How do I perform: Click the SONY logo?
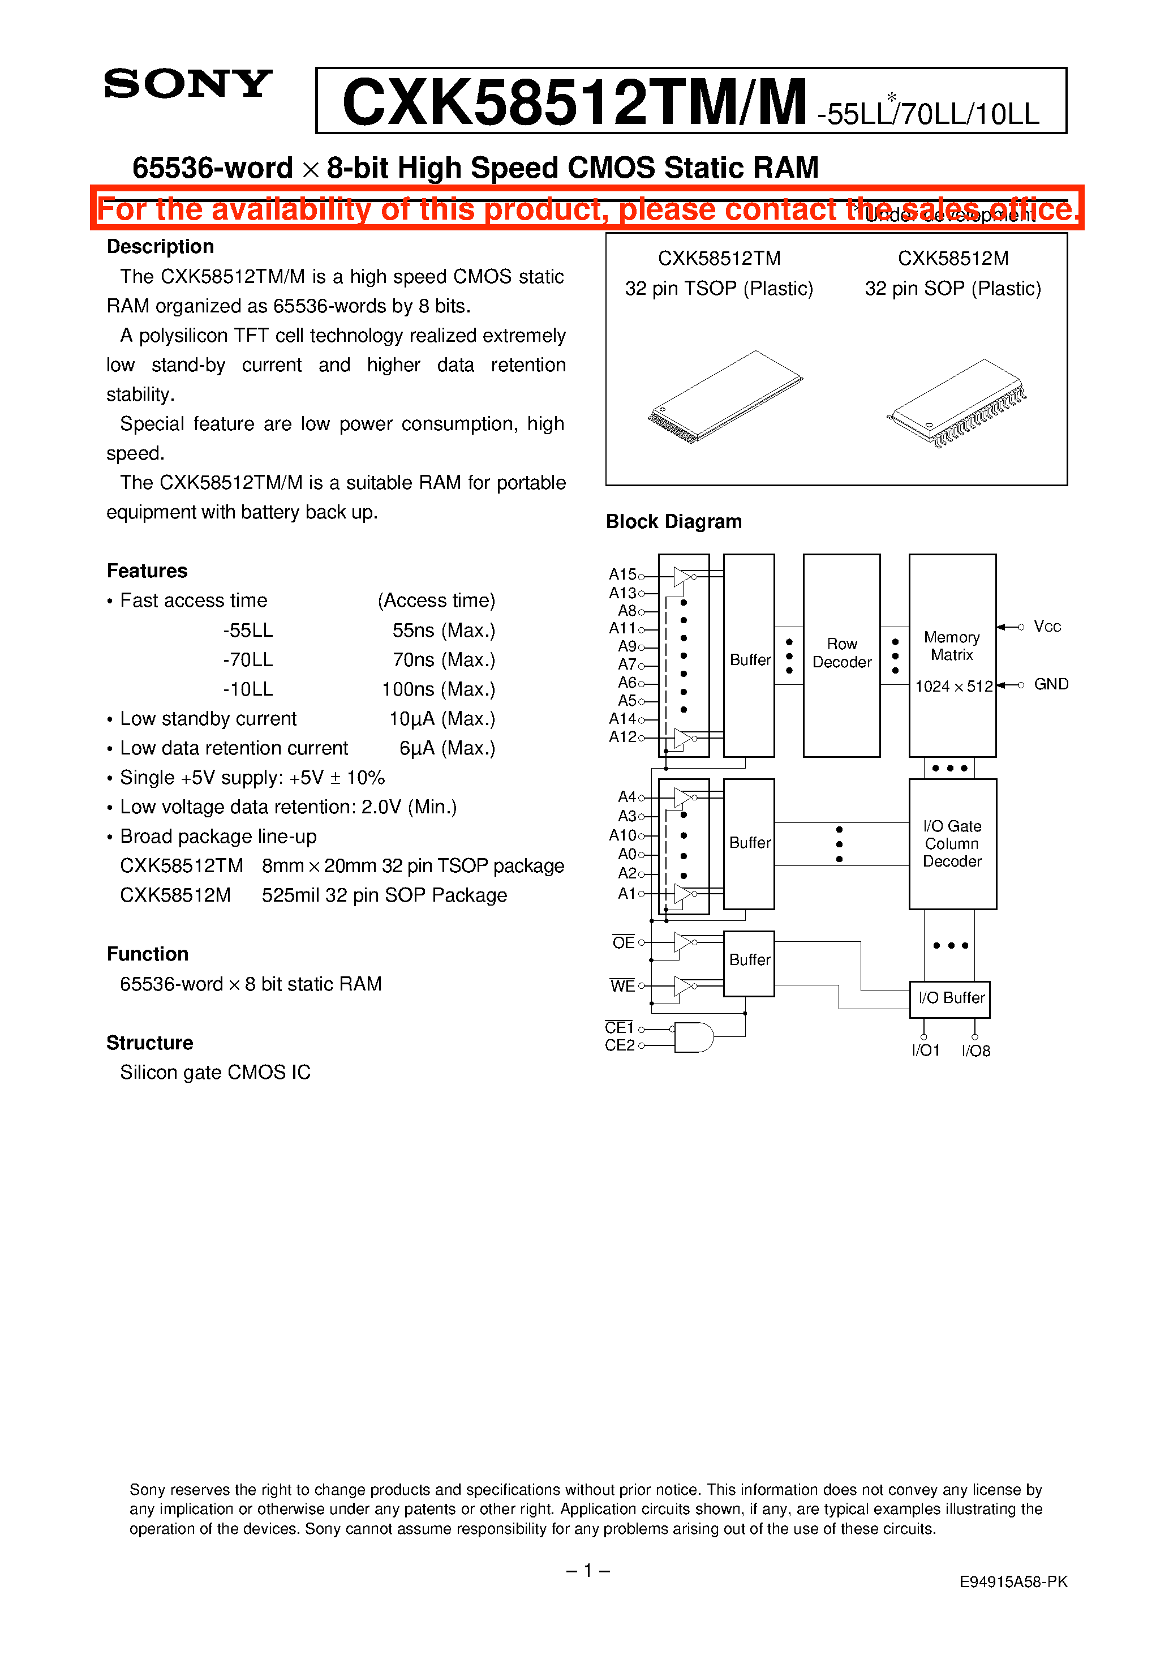[x=188, y=84]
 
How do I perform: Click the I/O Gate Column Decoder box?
[x=952, y=843]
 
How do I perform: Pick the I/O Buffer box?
[x=950, y=999]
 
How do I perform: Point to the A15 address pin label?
[x=622, y=574]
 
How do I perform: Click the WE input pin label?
[x=622, y=985]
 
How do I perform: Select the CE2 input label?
[x=619, y=1045]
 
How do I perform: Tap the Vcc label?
[x=1047, y=627]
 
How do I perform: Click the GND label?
[x=1051, y=684]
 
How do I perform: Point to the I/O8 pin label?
[x=976, y=1051]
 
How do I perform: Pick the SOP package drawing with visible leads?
[x=956, y=403]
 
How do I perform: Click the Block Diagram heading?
[x=673, y=521]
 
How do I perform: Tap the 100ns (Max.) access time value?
[x=438, y=689]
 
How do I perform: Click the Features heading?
[x=147, y=571]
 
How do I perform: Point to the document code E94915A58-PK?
[x=1013, y=1581]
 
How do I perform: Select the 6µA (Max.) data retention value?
[x=447, y=748]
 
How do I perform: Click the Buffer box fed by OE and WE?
[x=749, y=963]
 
